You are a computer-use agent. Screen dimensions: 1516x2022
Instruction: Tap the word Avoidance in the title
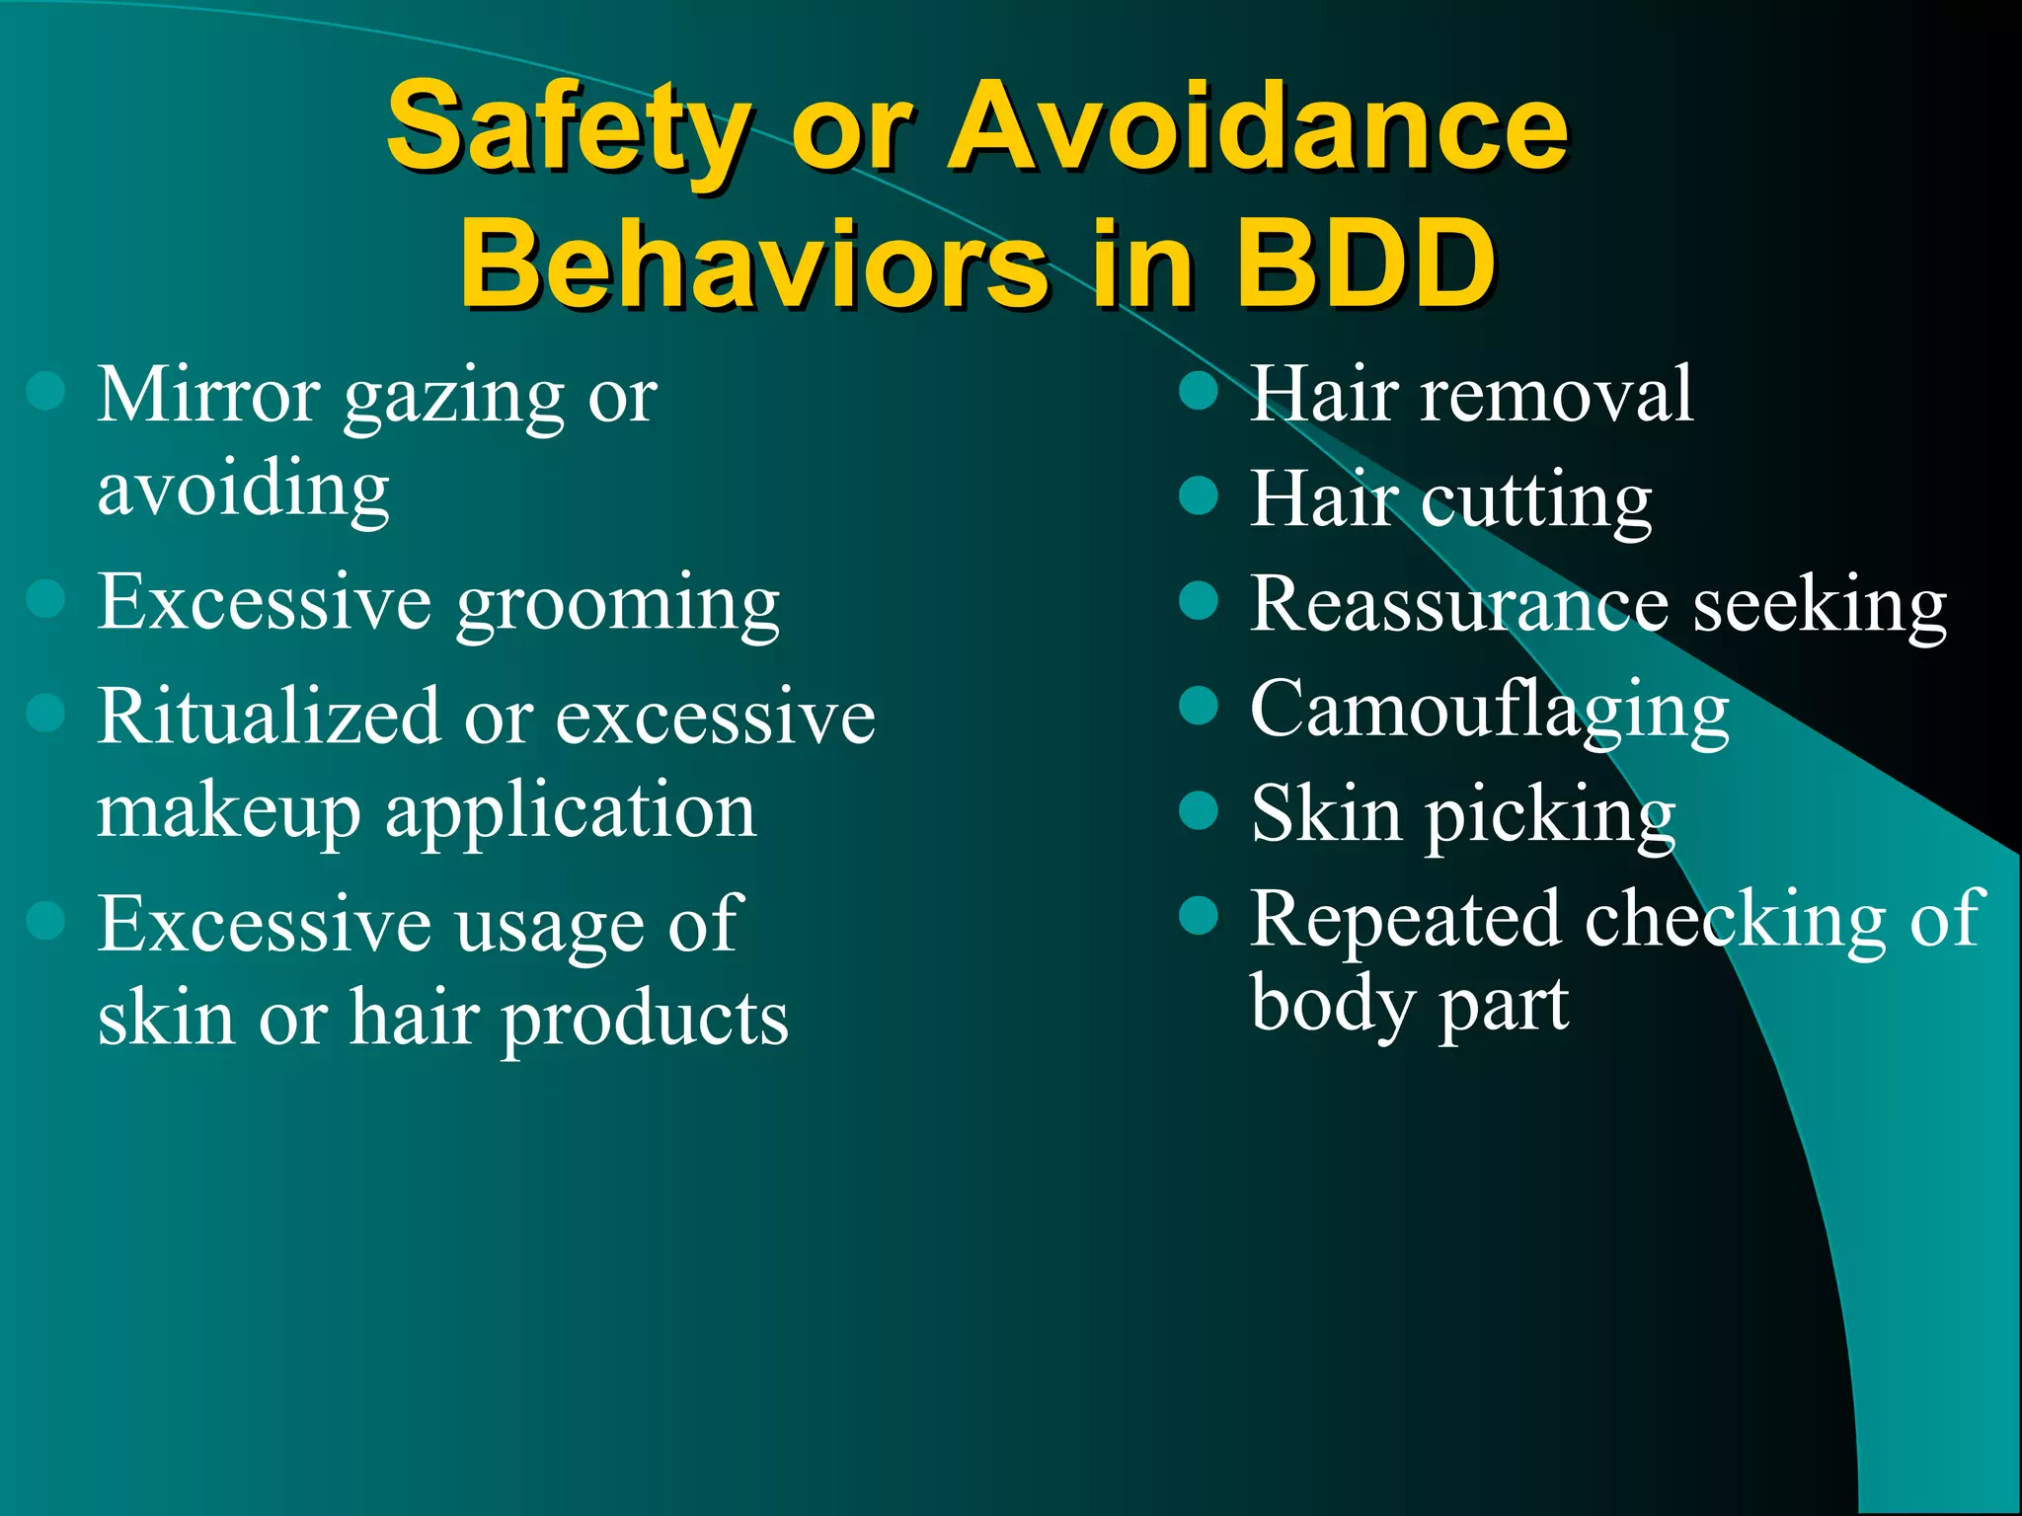(x=1258, y=126)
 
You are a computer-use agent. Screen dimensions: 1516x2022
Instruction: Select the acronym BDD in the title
(x=1366, y=265)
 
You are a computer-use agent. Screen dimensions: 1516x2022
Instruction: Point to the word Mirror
(x=208, y=395)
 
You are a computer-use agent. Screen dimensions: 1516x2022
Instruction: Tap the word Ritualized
(x=268, y=716)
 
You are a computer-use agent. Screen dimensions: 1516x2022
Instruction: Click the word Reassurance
(x=1460, y=604)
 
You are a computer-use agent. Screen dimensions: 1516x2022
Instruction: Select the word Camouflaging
(x=1490, y=711)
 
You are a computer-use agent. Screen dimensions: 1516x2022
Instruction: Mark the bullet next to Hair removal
(x=1199, y=392)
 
